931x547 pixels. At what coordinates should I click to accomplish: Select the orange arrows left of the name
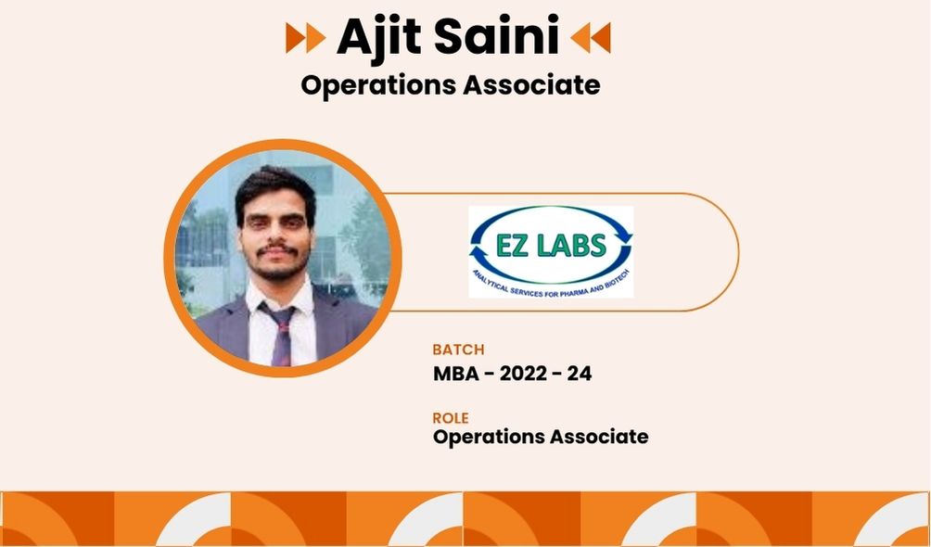(306, 37)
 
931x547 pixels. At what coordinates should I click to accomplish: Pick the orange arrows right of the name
(590, 37)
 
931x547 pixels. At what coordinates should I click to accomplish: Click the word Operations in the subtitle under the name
(379, 85)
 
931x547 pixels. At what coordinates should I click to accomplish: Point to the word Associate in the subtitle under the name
(531, 84)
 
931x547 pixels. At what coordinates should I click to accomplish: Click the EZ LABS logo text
(551, 246)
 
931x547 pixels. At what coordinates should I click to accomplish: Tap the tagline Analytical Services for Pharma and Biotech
(551, 283)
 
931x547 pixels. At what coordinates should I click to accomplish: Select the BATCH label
(458, 350)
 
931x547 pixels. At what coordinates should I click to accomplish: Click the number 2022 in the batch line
(524, 374)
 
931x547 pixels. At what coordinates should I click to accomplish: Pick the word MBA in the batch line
(453, 374)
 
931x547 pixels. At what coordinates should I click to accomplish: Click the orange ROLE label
(451, 418)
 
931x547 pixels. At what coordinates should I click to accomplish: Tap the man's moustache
(276, 249)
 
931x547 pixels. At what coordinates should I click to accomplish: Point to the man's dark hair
(274, 189)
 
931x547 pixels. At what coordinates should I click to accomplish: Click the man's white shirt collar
(279, 297)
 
